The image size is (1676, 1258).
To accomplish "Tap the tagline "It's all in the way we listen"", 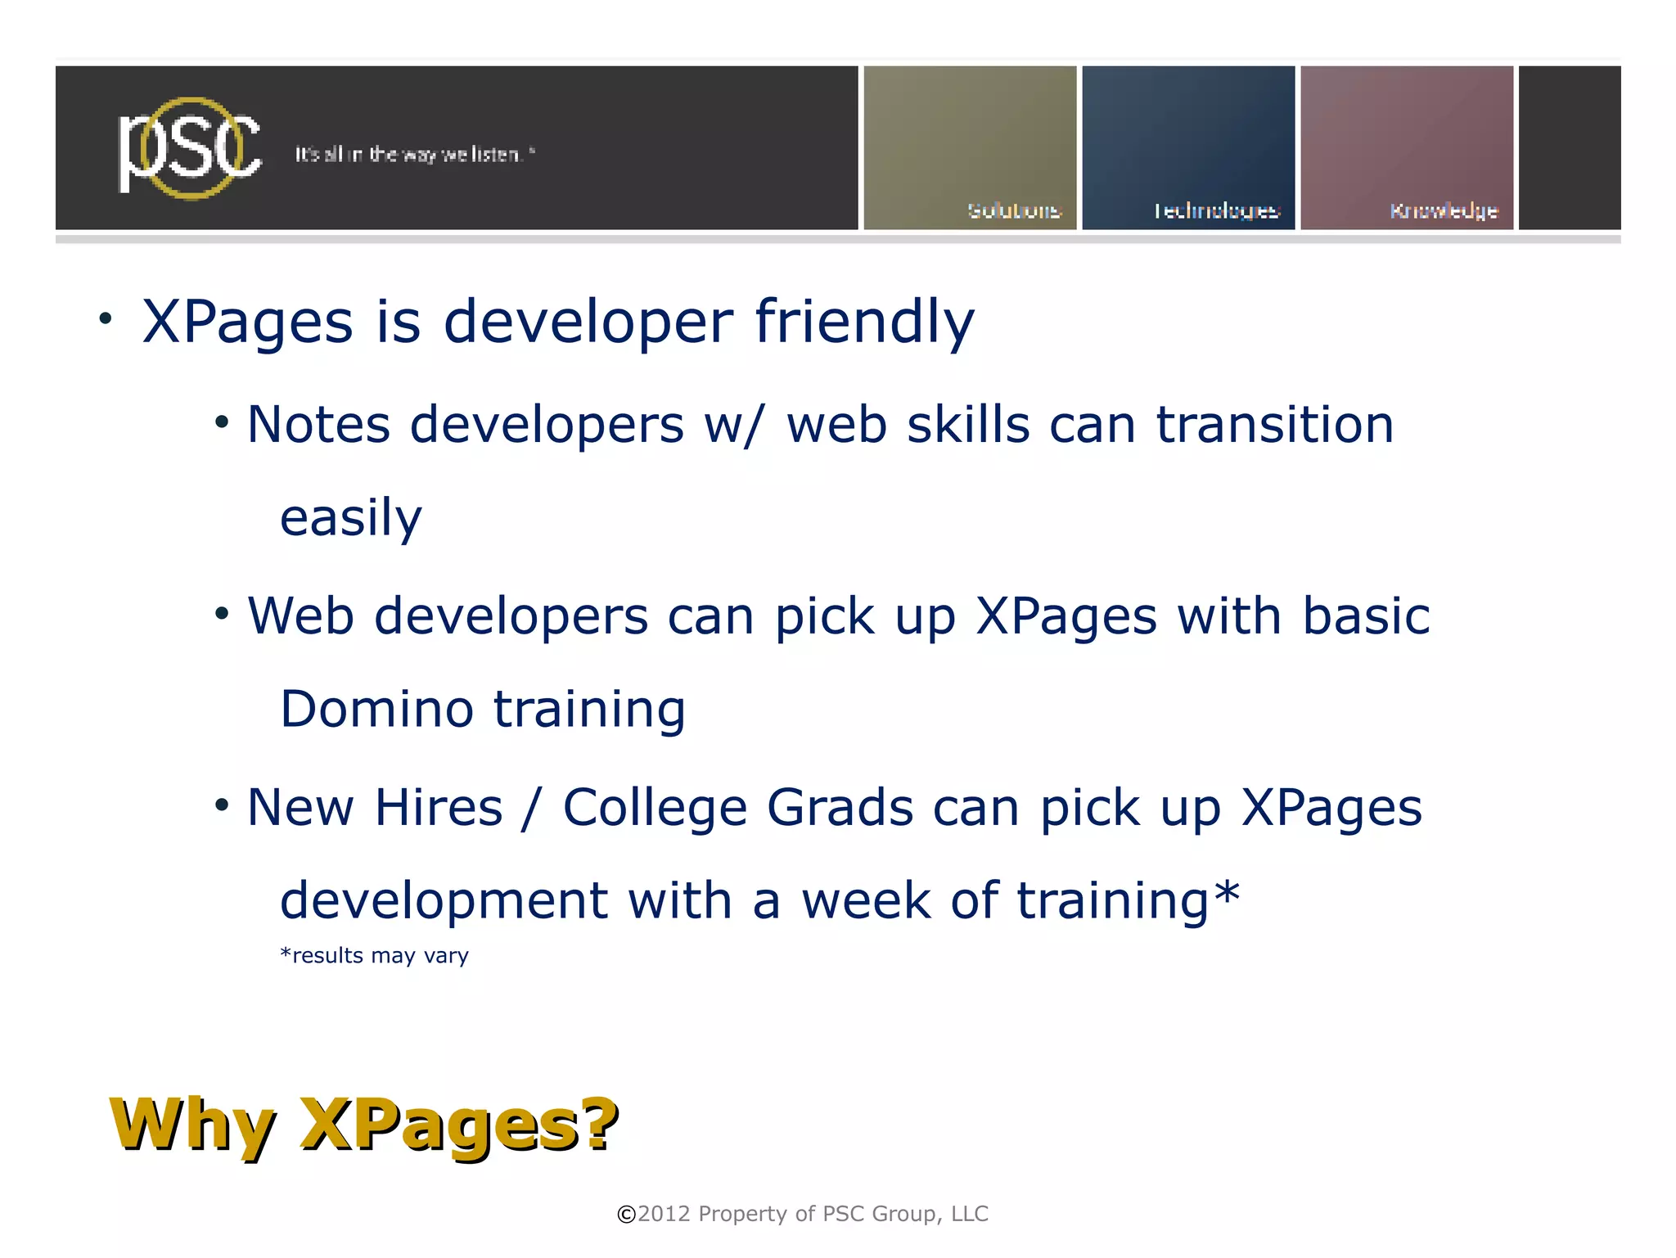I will click(x=414, y=154).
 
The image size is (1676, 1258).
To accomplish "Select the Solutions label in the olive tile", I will click(x=1013, y=210).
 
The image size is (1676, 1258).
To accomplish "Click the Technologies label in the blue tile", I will click(x=1216, y=210).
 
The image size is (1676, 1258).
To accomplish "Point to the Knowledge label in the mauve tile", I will click(x=1444, y=210).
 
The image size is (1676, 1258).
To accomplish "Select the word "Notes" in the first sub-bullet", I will click(x=318, y=425).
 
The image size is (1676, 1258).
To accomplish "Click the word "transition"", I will click(x=1274, y=425).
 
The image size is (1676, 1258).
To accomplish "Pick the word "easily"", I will click(x=351, y=519).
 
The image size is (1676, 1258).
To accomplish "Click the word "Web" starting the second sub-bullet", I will click(x=300, y=615).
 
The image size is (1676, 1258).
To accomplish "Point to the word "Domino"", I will click(x=376, y=709).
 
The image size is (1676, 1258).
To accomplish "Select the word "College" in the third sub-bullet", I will click(x=655, y=809).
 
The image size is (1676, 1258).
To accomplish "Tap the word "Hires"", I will click(x=439, y=808).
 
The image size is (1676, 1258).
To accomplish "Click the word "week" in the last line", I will click(x=866, y=900).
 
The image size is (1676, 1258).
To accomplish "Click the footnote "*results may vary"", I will click(x=374, y=955).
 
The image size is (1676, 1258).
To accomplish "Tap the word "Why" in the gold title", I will click(x=192, y=1125).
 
